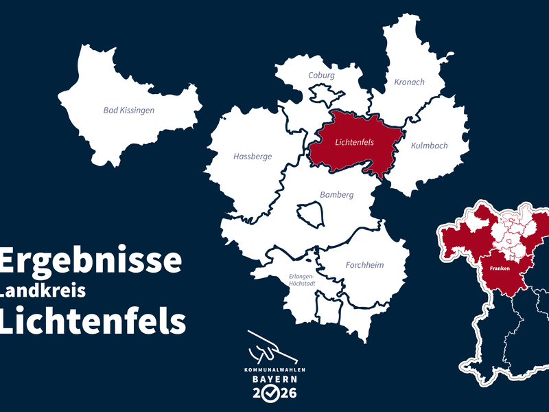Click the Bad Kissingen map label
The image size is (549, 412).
(129, 110)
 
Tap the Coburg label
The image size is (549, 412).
(321, 76)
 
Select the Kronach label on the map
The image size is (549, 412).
(409, 82)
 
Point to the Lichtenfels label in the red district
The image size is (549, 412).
(354, 143)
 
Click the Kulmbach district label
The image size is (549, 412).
(429, 146)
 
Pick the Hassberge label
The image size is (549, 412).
(253, 157)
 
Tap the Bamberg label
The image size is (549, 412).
(337, 195)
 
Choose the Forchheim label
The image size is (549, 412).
(364, 265)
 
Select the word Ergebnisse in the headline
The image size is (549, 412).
(91, 261)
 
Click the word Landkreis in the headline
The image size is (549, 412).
(43, 291)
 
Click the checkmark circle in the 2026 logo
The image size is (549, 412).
(274, 393)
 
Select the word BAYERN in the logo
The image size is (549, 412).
(274, 379)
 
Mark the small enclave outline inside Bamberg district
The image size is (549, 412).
(310, 213)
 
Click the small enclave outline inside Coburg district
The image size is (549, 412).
(322, 94)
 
